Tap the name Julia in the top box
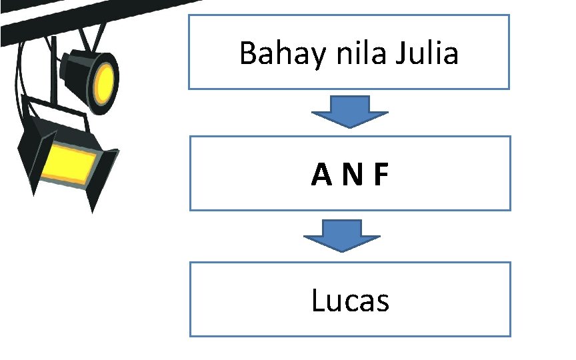click(427, 53)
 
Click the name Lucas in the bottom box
click(350, 301)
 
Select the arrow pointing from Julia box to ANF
click(350, 112)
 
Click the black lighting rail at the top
click(67, 20)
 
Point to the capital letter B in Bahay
click(247, 53)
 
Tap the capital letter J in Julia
click(400, 54)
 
